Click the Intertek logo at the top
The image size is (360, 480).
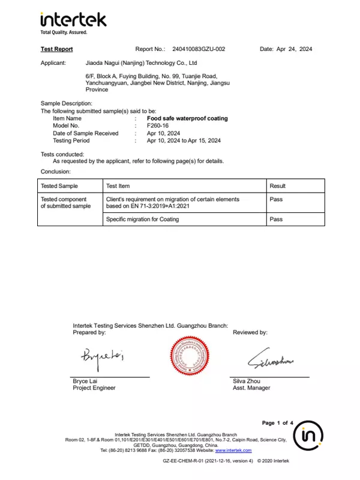pyautogui.click(x=73, y=22)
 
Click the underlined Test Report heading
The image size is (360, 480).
pyautogui.click(x=56, y=49)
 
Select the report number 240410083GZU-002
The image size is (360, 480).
pyautogui.click(x=199, y=49)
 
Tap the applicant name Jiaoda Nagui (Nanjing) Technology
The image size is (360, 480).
pyautogui.click(x=142, y=63)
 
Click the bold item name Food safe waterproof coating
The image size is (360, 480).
pyautogui.click(x=187, y=119)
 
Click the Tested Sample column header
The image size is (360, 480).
pyautogui.click(x=59, y=186)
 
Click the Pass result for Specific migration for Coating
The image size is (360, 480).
pyautogui.click(x=276, y=220)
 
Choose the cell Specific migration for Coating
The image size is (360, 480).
pyautogui.click(x=142, y=220)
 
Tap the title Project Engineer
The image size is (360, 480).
pyautogui.click(x=94, y=388)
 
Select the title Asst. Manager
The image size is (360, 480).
pyautogui.click(x=251, y=388)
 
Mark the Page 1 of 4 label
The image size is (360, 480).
pyautogui.click(x=277, y=423)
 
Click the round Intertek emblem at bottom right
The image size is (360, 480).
pyautogui.click(x=308, y=435)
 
